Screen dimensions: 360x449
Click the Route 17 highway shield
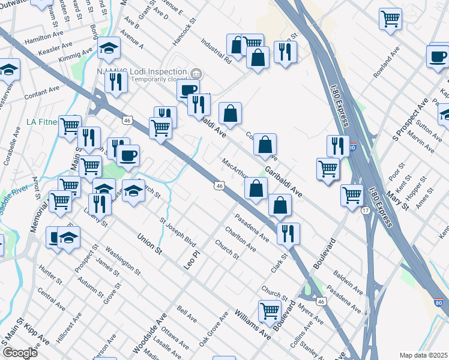(365, 210)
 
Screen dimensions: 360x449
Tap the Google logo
(20, 353)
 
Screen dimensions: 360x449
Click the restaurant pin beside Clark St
(288, 233)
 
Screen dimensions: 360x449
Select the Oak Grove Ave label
(214, 329)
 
